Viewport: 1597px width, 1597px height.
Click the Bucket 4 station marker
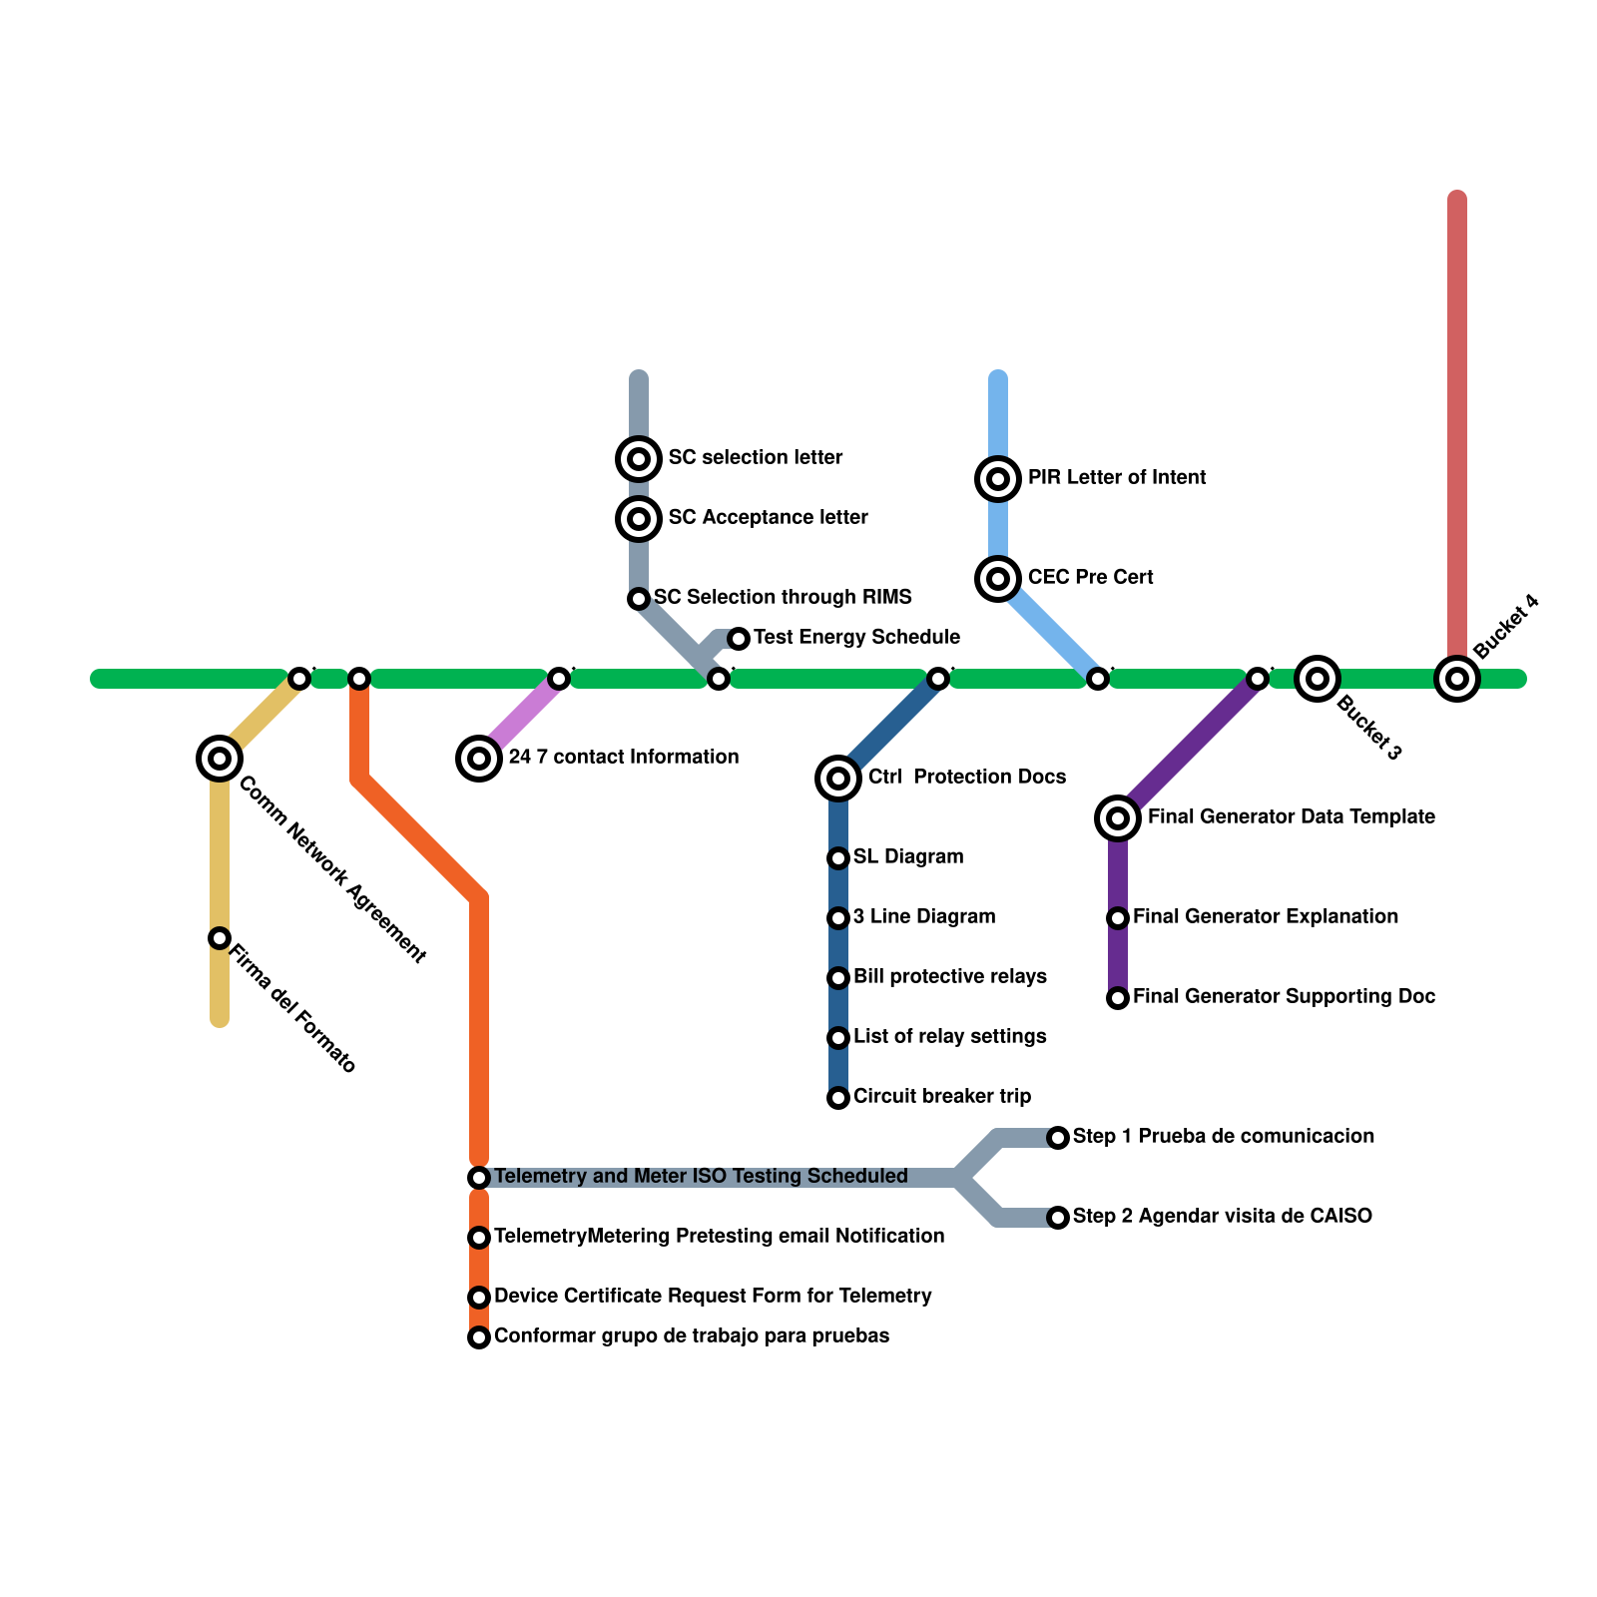(x=1457, y=680)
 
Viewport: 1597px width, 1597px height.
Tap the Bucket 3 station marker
(x=1318, y=680)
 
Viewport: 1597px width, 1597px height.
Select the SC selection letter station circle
(x=639, y=459)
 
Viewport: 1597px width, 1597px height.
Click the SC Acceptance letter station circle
(x=639, y=518)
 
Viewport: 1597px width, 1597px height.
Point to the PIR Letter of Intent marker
(x=998, y=479)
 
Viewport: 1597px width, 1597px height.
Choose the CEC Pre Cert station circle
(x=998, y=578)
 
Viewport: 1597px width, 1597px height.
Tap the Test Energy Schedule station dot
(x=738, y=638)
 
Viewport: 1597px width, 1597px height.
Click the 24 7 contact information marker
(x=479, y=759)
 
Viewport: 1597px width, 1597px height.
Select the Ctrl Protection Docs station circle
(x=838, y=778)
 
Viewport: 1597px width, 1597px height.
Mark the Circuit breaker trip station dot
(x=838, y=1098)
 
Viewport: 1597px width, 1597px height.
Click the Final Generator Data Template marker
(x=1118, y=818)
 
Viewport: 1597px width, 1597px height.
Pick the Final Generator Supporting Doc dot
(x=1118, y=998)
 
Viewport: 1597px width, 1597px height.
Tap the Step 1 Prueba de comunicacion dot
(x=1058, y=1138)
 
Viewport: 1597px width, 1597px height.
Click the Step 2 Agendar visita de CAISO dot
(x=1058, y=1218)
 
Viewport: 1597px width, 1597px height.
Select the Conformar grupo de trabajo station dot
(x=479, y=1337)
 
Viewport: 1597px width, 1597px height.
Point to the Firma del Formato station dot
(x=220, y=938)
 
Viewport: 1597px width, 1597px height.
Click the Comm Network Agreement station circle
(x=220, y=759)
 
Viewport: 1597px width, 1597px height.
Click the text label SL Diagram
(x=908, y=857)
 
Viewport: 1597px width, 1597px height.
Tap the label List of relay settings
(x=949, y=1037)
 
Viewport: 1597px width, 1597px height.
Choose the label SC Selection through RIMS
(x=783, y=598)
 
